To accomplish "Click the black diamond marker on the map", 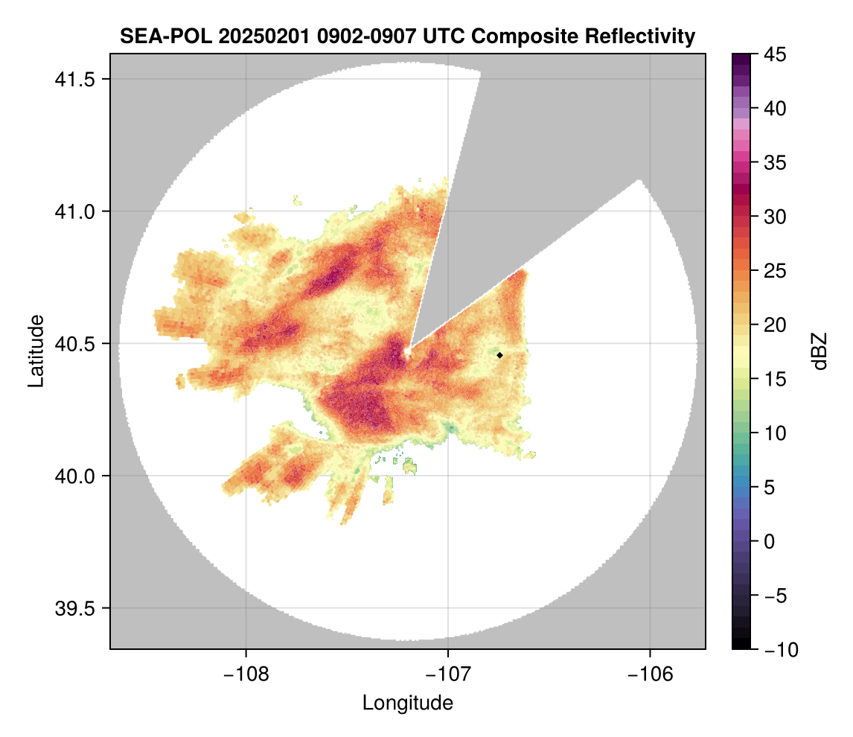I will click(500, 355).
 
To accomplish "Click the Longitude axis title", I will click(407, 703).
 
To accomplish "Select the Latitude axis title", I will click(36, 351).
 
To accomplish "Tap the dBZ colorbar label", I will click(820, 351).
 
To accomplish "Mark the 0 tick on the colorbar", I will click(774, 541).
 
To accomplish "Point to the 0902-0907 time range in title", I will click(345, 36).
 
